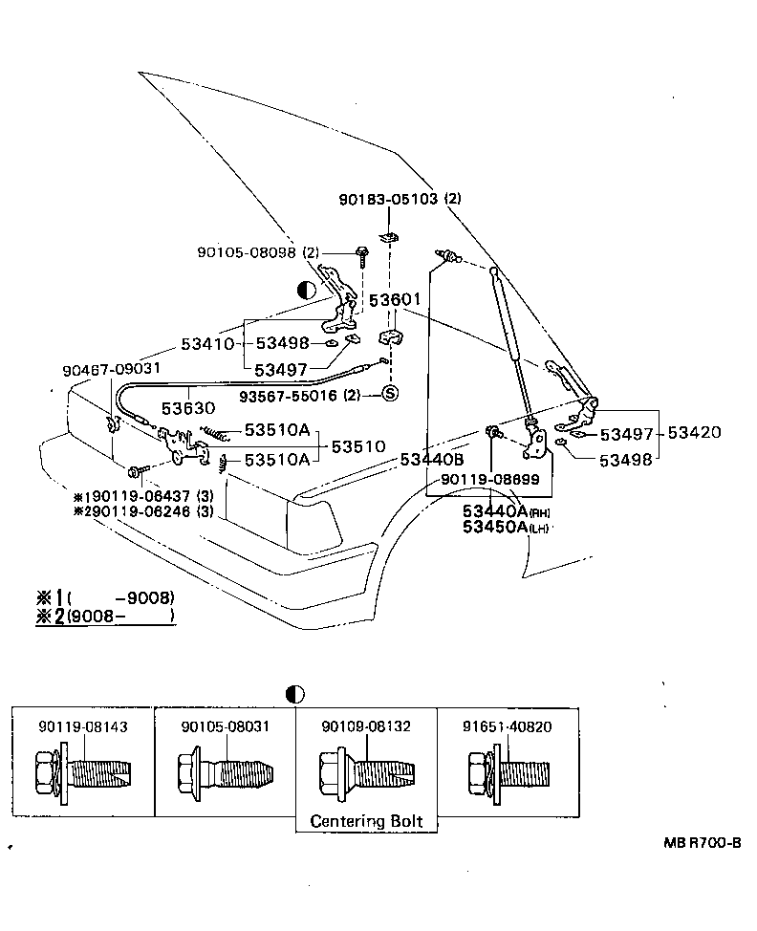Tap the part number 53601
coord(396,300)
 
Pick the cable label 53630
coord(187,406)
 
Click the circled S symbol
coord(389,394)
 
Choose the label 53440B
coord(432,460)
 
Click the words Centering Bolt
coord(366,821)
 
